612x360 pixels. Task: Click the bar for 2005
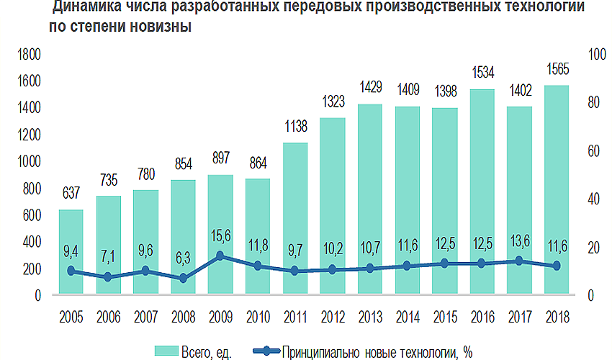(x=71, y=252)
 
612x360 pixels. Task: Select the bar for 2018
(x=556, y=190)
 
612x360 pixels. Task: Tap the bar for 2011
(x=294, y=219)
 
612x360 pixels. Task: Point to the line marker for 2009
(x=220, y=256)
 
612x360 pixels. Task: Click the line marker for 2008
(x=183, y=279)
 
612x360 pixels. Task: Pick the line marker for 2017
(x=518, y=261)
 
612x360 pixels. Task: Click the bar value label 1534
(x=482, y=73)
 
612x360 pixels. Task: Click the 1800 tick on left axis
(x=30, y=55)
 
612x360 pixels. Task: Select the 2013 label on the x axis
(x=369, y=317)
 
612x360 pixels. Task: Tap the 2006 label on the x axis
(x=108, y=317)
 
